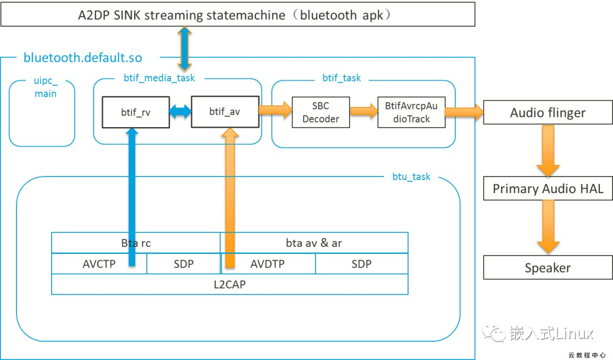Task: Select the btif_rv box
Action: tap(136, 112)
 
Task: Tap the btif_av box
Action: tap(225, 112)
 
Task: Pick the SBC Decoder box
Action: tap(321, 112)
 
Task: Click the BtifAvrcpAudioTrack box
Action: tap(412, 112)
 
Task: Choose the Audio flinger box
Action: tap(548, 112)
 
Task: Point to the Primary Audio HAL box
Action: tap(548, 189)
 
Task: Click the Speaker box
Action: tap(548, 267)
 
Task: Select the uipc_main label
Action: tap(45, 88)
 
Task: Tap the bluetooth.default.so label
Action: tap(83, 57)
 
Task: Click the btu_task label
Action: tap(412, 177)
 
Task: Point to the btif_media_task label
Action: tap(159, 78)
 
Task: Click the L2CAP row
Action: tap(229, 284)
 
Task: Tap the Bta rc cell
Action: tap(136, 243)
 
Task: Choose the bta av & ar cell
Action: tap(314, 243)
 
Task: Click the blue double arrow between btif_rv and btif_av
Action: tap(180, 112)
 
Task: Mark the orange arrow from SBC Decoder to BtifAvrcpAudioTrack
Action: tap(364, 112)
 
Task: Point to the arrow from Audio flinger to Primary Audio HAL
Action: tap(548, 150)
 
